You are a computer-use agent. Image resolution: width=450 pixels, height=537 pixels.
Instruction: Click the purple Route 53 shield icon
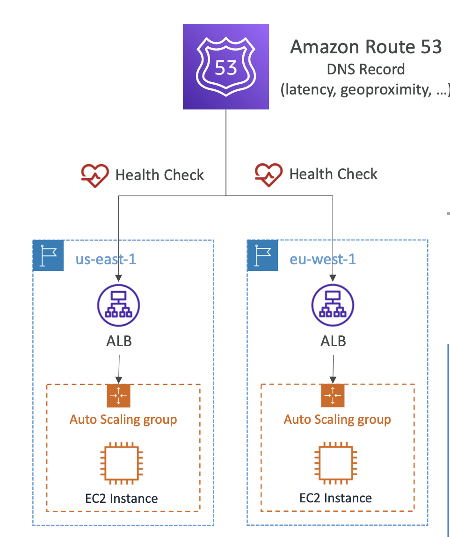coord(226,66)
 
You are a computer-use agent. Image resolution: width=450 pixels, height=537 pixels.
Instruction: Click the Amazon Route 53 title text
coord(366,47)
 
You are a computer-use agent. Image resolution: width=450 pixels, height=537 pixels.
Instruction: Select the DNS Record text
coord(366,69)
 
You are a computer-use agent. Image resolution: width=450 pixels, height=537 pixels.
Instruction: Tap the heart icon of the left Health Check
coord(94,175)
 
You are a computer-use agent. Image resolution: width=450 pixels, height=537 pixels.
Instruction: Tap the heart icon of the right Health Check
coord(269,174)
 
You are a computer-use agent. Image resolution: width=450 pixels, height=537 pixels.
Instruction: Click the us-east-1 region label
coord(106,259)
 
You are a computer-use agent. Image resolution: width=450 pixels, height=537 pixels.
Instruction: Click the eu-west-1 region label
coord(323,259)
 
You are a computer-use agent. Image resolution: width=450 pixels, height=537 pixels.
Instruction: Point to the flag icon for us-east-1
coord(48,255)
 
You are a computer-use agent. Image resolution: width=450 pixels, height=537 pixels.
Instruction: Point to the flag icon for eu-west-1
coord(262,255)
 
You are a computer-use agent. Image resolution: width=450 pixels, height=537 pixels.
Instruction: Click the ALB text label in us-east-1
coord(119,341)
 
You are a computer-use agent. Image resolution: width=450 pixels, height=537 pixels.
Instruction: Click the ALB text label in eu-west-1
coord(333,341)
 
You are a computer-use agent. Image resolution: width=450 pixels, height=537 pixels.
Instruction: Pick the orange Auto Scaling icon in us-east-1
coord(118,396)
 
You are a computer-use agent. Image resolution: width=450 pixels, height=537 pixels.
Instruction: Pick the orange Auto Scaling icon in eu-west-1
coord(333,396)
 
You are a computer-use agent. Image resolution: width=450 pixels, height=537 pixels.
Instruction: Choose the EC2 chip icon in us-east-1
coord(121,463)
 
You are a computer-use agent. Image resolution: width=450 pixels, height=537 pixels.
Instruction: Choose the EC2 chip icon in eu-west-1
coord(335,463)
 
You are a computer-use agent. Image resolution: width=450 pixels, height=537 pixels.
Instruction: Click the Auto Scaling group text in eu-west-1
coord(337,419)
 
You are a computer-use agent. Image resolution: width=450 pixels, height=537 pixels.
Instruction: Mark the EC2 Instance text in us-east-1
coord(121,498)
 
